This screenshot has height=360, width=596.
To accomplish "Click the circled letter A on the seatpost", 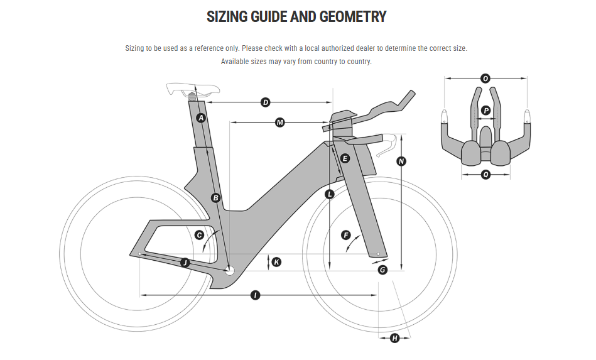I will (201, 118).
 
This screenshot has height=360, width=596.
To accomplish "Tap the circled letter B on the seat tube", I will (215, 198).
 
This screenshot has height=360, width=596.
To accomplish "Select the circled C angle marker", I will (199, 235).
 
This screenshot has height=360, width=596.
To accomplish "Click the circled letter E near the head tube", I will (344, 158).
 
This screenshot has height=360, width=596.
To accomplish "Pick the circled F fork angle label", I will (345, 235).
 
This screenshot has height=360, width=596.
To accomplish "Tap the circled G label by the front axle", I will (382, 270).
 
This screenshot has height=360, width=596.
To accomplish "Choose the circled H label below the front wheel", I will (394, 339).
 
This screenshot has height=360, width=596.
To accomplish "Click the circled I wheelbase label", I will (255, 295).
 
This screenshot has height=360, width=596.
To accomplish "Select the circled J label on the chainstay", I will (185, 263).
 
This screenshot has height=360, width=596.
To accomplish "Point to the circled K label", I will (276, 261).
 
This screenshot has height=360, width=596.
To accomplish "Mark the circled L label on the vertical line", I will (329, 195).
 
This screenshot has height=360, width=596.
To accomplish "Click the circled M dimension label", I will (280, 123).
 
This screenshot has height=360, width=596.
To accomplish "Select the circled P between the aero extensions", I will (485, 111).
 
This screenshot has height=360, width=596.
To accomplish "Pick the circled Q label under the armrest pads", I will (485, 175).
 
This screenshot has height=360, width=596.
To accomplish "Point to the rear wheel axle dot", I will (139, 254).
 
